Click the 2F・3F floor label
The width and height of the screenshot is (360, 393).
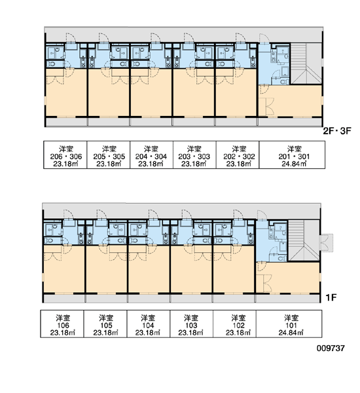[337, 131]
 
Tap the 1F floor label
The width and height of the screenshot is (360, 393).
[331, 297]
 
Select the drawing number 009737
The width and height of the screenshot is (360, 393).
[331, 348]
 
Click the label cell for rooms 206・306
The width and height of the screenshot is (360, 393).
[65, 155]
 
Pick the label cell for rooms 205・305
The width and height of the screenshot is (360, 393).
[109, 155]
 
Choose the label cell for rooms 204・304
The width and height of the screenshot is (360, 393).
[152, 155]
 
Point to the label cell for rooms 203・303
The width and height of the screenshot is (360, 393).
[194, 155]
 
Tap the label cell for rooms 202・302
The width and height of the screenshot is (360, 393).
[238, 155]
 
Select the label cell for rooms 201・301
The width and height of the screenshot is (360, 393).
[292, 155]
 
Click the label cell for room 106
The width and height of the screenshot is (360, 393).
[62, 324]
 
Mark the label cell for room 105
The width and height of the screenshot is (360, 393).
[105, 324]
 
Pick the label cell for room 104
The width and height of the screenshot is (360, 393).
[149, 324]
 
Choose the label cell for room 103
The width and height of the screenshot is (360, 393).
[192, 324]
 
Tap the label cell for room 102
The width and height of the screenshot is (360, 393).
[235, 324]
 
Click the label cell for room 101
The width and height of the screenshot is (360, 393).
[289, 324]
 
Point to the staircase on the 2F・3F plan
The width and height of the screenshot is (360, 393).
[306, 64]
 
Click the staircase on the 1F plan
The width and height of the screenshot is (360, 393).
[304, 240]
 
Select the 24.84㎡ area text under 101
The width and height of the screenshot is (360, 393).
[291, 333]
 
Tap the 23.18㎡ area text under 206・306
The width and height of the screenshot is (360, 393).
[65, 164]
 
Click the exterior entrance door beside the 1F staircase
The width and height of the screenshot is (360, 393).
[327, 243]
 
